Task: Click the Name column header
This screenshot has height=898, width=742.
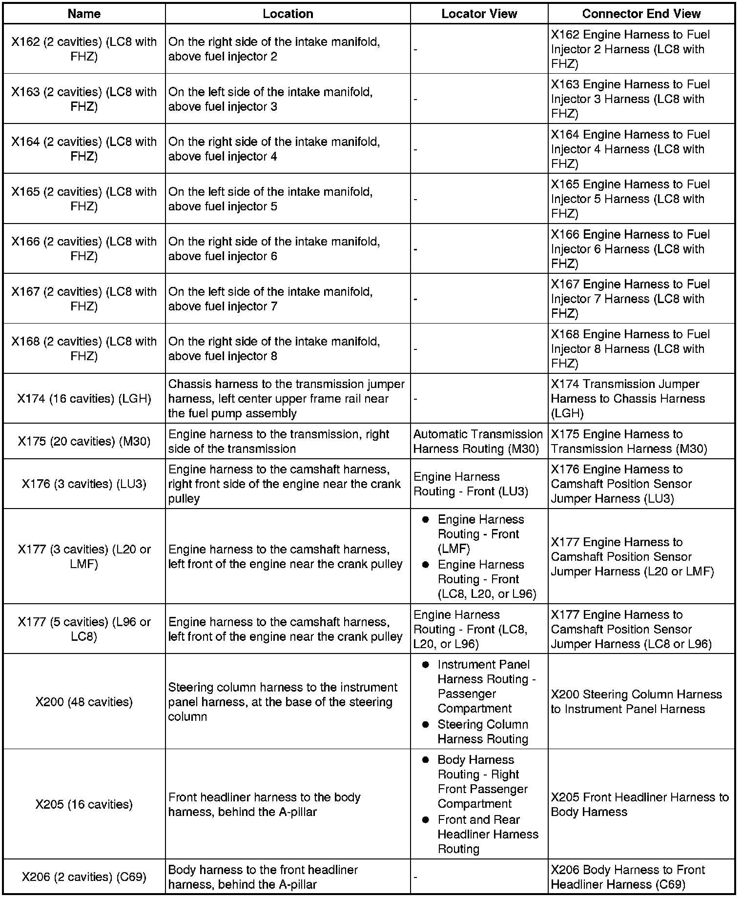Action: tap(84, 14)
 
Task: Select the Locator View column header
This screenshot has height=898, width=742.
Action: tap(479, 14)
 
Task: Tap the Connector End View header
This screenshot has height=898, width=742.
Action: tap(641, 14)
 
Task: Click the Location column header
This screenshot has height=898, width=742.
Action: tap(288, 14)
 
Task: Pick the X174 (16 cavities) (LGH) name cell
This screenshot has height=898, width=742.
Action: tap(84, 399)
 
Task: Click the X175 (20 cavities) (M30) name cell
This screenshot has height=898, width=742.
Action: tap(84, 441)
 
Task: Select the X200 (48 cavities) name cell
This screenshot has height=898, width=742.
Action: tap(84, 702)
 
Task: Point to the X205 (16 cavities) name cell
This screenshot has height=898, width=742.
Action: tap(84, 804)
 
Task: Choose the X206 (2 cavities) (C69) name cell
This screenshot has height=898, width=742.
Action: tap(84, 877)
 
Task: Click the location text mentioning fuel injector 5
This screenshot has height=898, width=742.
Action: tap(270, 199)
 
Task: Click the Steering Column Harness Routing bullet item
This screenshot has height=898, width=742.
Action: tap(482, 732)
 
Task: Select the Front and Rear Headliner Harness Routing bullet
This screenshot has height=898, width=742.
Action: tap(487, 834)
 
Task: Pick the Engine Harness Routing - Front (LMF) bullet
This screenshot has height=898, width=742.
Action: tap(480, 534)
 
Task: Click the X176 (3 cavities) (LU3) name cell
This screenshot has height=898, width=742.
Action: tap(84, 484)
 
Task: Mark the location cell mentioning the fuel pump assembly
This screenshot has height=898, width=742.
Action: tap(287, 399)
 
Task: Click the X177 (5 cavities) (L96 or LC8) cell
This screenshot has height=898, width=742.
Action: tap(84, 629)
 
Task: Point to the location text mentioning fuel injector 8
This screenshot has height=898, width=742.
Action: tap(274, 349)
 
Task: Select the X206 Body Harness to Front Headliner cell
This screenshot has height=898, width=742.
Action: tap(627, 877)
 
